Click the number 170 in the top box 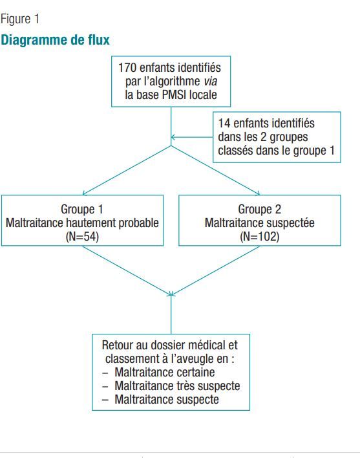point(127,68)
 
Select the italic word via point(210,82)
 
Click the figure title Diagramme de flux point(55,39)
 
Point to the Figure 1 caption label point(20,19)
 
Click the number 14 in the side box point(224,123)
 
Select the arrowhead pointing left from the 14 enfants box point(173,137)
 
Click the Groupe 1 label point(82,209)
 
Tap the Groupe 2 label point(259,209)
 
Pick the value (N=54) point(82,236)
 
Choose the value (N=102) point(259,236)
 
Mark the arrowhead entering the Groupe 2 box point(258,193)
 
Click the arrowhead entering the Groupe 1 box point(84,193)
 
